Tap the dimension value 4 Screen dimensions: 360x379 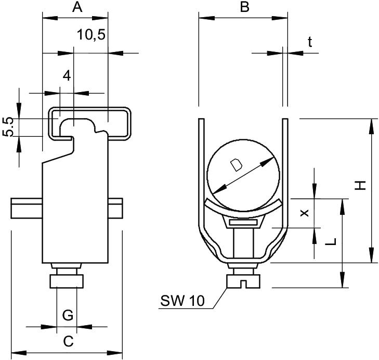(x=66, y=75)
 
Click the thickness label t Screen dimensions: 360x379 (x=310, y=43)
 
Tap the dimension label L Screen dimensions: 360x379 (x=333, y=241)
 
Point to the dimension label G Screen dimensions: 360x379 (x=67, y=315)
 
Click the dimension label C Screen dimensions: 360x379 (x=68, y=341)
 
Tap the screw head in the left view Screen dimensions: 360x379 (x=67, y=281)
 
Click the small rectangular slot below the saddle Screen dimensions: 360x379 (x=243, y=223)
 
